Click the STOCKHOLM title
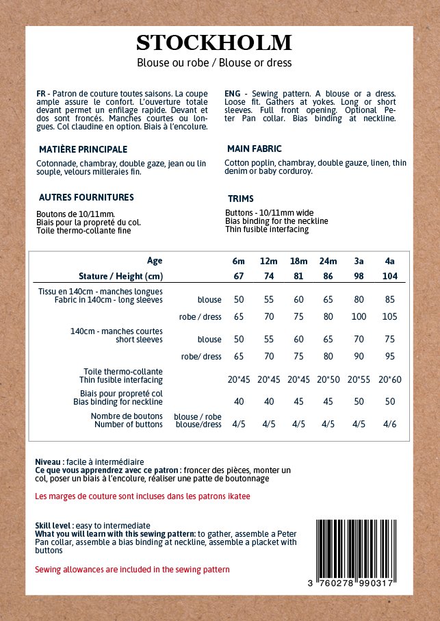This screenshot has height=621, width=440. (x=214, y=43)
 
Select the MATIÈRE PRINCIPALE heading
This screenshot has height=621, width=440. (x=83, y=149)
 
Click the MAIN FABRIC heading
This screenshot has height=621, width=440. (x=254, y=149)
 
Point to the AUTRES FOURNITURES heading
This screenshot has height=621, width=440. (x=86, y=197)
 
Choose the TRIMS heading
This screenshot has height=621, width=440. (x=241, y=199)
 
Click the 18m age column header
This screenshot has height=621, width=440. (x=299, y=261)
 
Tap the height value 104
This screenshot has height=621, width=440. (x=390, y=276)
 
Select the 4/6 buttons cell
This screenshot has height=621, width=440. (x=390, y=424)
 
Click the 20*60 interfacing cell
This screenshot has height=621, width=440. (x=390, y=379)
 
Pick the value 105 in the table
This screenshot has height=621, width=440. (x=390, y=317)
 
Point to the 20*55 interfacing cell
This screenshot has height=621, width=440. (x=359, y=379)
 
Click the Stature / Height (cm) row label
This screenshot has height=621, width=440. (x=120, y=276)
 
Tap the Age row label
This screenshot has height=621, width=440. (x=155, y=261)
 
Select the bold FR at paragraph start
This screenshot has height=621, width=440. (x=41, y=93)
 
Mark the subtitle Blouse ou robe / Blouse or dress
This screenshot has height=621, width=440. (x=214, y=63)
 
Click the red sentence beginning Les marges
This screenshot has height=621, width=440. (x=142, y=496)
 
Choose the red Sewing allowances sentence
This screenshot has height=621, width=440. (x=132, y=569)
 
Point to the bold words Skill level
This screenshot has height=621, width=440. (x=53, y=525)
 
